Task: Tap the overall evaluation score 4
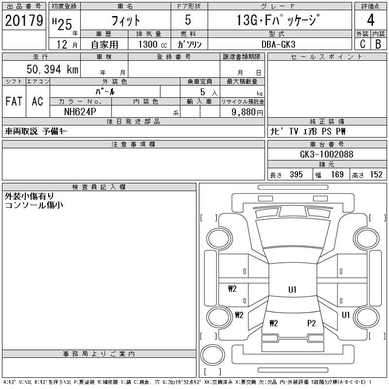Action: click(x=370, y=20)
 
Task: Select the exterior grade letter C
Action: click(x=362, y=43)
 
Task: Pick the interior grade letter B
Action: click(x=378, y=43)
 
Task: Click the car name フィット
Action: click(x=125, y=20)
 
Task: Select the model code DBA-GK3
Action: click(x=279, y=44)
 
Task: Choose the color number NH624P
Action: click(x=81, y=111)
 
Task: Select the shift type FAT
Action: click(x=14, y=102)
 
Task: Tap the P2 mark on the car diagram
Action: click(x=312, y=322)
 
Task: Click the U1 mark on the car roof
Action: click(x=292, y=290)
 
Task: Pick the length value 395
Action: click(x=296, y=175)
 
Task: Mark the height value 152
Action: click(x=376, y=175)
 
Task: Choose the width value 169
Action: click(x=337, y=175)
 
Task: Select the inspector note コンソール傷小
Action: click(x=34, y=205)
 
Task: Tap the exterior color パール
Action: click(x=105, y=91)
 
